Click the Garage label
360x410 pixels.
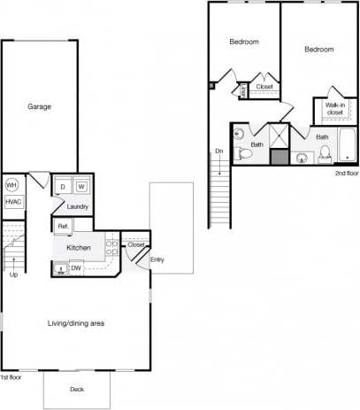tap(39, 106)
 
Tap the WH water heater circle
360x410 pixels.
tap(12, 185)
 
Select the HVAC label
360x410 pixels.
tap(13, 202)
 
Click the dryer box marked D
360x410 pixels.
tap(64, 187)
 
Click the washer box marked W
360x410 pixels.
tap(80, 187)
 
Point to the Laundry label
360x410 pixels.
tap(78, 207)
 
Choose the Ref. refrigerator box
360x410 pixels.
tap(64, 228)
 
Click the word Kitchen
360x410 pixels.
tap(80, 248)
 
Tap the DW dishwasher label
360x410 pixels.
tap(77, 267)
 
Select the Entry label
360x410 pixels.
tap(157, 259)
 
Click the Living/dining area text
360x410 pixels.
tap(76, 323)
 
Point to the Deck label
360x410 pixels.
tap(77, 390)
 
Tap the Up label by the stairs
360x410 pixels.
tap(13, 275)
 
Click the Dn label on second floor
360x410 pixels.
tap(218, 151)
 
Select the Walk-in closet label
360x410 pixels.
tap(335, 109)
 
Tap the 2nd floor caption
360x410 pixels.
tap(345, 173)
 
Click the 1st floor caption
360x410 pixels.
tap(11, 377)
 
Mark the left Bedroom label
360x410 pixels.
tap(244, 42)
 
